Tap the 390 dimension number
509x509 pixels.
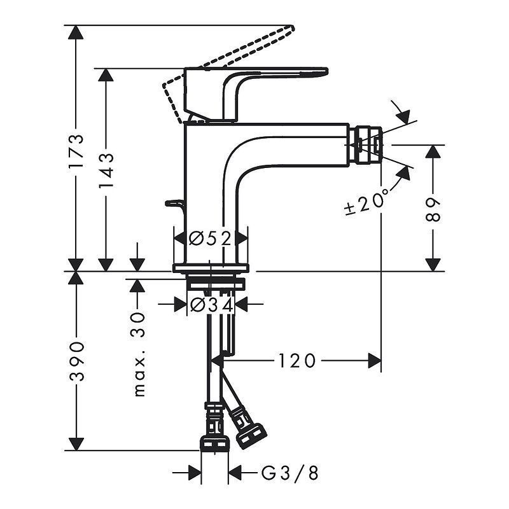click(76, 361)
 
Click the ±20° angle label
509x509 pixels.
click(368, 202)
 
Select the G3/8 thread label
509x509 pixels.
click(289, 473)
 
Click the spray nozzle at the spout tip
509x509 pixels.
click(367, 143)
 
